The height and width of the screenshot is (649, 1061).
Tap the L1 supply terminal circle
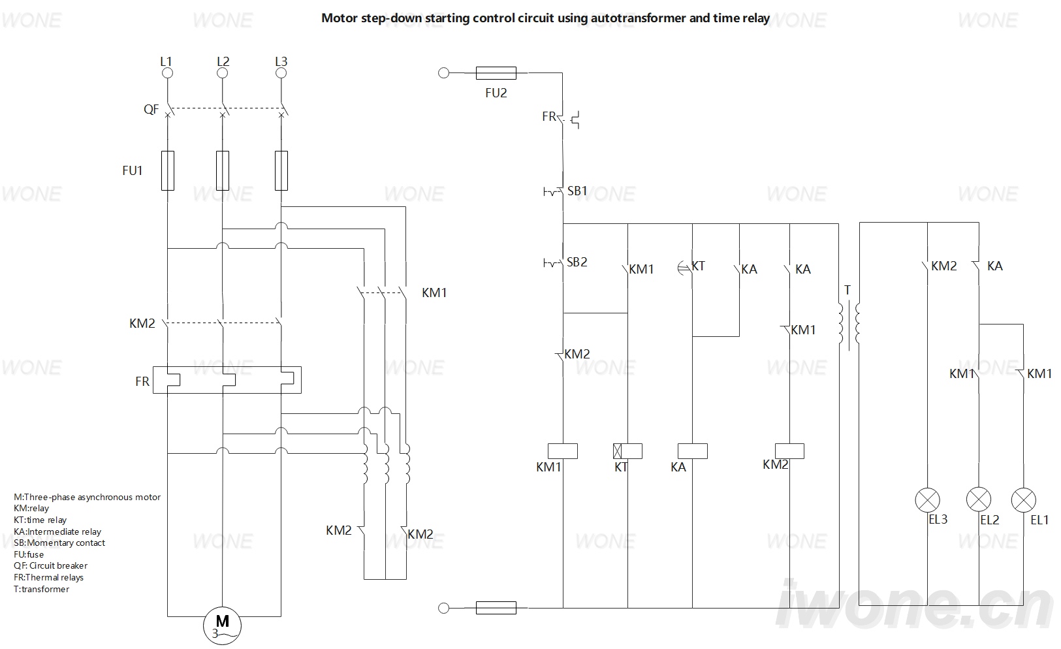click(x=167, y=73)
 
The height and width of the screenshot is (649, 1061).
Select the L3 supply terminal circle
click(x=281, y=73)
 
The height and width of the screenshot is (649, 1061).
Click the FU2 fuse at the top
click(x=496, y=73)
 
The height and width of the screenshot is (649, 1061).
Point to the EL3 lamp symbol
click(x=927, y=499)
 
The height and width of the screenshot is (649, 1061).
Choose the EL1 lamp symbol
click(x=1024, y=499)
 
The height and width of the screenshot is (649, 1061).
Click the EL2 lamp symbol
click(x=979, y=499)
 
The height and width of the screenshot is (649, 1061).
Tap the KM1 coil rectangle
click(x=563, y=451)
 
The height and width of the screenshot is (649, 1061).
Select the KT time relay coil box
click(x=627, y=451)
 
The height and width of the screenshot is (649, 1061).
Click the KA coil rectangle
click(x=693, y=451)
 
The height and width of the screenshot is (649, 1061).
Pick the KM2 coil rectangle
click(x=789, y=451)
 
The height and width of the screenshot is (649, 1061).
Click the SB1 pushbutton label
click(x=577, y=191)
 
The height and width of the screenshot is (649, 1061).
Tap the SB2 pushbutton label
click(x=577, y=262)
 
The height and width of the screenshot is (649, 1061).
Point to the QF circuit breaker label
click(x=151, y=110)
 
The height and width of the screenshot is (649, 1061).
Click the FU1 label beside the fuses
click(x=132, y=170)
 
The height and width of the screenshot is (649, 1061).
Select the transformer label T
click(x=847, y=290)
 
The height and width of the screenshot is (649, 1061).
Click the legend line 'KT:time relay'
click(x=40, y=520)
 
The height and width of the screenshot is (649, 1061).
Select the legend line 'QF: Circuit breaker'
click(x=51, y=565)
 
